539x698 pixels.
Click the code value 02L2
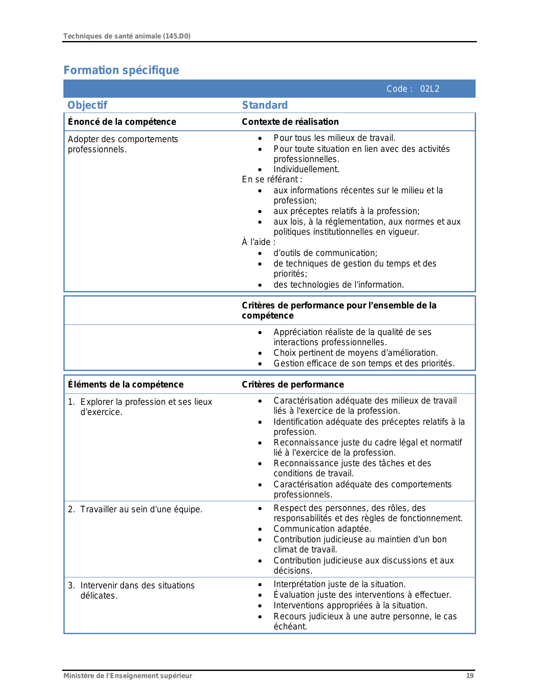click(x=430, y=89)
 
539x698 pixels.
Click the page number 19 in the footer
click(x=470, y=676)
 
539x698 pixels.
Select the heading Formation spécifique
click(x=121, y=70)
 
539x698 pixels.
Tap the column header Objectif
click(x=88, y=105)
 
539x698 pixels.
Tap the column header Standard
click(x=265, y=105)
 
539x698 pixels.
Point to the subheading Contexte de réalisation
click(x=290, y=122)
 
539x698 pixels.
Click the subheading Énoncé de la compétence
click(x=122, y=122)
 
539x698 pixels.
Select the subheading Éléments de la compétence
click(x=126, y=385)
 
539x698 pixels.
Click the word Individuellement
click(x=306, y=170)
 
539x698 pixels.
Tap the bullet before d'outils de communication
click(x=260, y=253)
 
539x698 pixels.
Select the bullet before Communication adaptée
click(x=260, y=529)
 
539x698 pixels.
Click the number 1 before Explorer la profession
click(x=71, y=402)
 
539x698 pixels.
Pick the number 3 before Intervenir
click(x=71, y=585)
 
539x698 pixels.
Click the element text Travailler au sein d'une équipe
click(x=141, y=509)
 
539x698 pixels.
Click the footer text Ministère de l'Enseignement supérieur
click(x=128, y=676)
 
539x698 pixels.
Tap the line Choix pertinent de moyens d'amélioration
click(x=355, y=353)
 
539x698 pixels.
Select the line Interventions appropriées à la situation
click(x=350, y=605)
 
